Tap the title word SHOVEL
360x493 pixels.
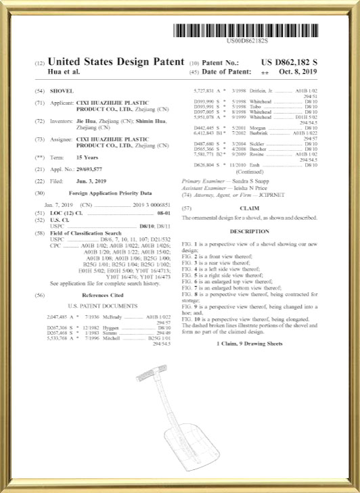[62, 91]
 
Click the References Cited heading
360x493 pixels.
[102, 276]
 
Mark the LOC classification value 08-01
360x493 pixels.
[161, 213]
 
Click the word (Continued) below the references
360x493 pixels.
[249, 172]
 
